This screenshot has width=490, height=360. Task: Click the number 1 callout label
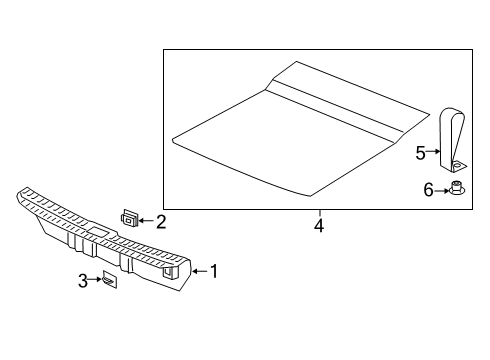(x=211, y=270)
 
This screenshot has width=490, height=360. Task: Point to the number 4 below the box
(x=318, y=226)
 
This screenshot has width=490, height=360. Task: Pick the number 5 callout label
(x=420, y=152)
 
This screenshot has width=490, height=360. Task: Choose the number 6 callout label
(x=428, y=189)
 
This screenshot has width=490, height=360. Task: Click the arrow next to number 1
(x=197, y=270)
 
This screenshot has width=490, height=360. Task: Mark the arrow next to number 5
(x=433, y=152)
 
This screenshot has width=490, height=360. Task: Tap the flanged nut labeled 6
(x=457, y=189)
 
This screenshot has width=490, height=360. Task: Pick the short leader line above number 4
(x=318, y=213)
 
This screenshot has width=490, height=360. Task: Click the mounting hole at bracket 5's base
(x=457, y=163)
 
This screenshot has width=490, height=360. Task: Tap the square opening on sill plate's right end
(x=171, y=266)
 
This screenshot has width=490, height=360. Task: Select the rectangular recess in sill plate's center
(x=101, y=231)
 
